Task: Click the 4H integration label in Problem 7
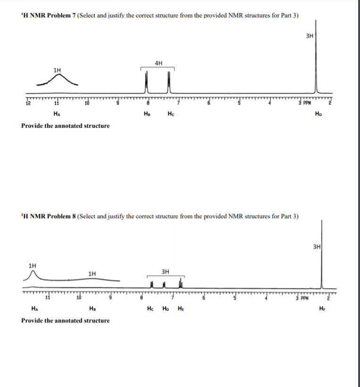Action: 159,63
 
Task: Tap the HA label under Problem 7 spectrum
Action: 57,114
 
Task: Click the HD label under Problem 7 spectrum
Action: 325,114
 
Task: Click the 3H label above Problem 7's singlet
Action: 310,35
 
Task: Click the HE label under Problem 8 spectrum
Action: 182,309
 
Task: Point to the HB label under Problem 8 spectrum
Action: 92,309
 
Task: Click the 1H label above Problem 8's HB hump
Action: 92,273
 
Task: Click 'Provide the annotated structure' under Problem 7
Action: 66,126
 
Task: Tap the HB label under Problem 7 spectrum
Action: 147,114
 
